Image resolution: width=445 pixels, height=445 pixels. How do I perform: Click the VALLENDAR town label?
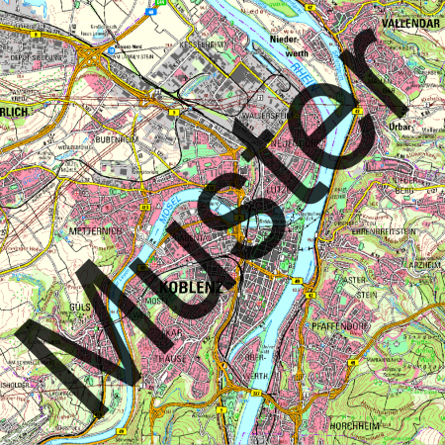click(407, 21)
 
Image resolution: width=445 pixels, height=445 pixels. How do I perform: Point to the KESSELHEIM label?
click(202, 45)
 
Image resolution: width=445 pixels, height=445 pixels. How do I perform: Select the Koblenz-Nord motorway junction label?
click(128, 45)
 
